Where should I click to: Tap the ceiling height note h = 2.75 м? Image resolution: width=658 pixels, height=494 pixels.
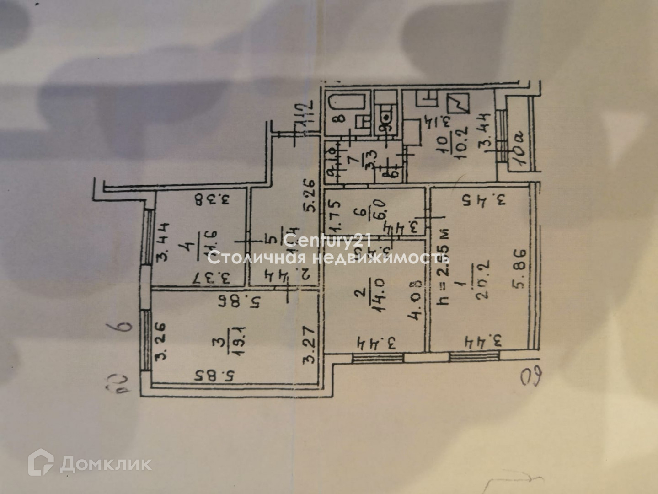(443, 267)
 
